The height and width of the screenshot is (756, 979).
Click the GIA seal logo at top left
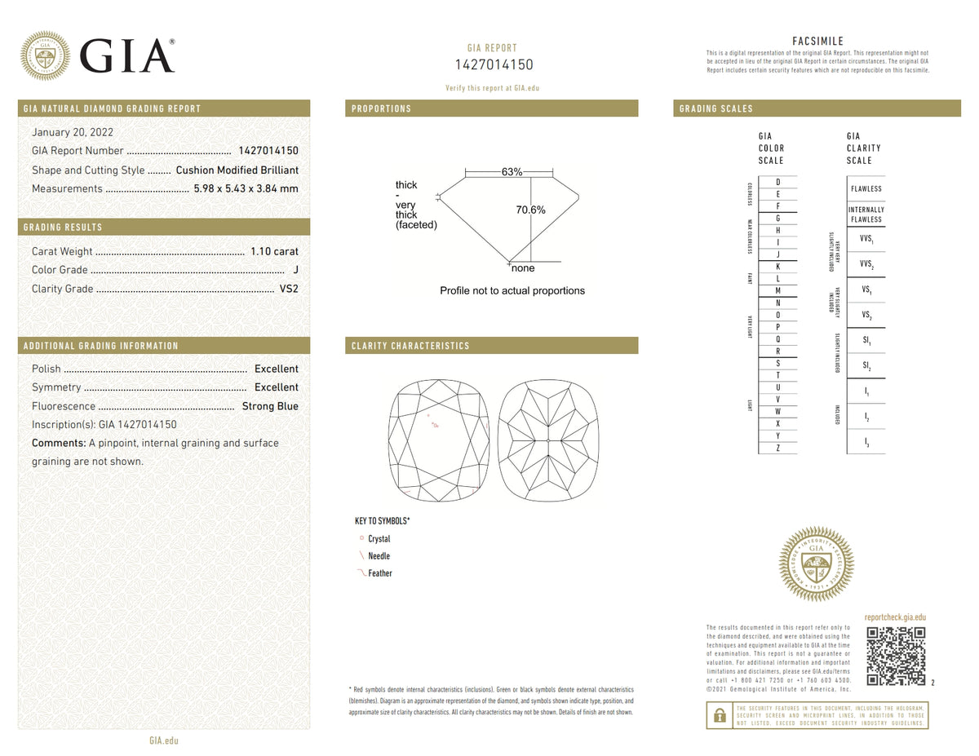[44, 55]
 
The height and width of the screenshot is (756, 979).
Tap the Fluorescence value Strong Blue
[270, 406]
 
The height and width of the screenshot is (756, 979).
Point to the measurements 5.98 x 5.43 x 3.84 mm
[246, 189]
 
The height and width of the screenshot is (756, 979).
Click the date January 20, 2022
[73, 132]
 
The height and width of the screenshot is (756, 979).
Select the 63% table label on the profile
[512, 172]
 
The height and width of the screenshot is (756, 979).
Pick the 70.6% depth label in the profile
[530, 210]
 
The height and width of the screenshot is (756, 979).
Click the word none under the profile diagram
[523, 268]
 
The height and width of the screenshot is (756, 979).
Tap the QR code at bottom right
[895, 656]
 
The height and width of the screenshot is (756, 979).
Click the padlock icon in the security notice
[719, 715]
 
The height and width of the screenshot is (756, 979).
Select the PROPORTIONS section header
[381, 108]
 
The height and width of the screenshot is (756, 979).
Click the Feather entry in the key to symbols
[379, 573]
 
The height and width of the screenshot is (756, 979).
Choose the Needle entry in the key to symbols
[379, 556]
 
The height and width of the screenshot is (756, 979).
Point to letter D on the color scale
[778, 182]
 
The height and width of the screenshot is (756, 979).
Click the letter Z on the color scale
[778, 448]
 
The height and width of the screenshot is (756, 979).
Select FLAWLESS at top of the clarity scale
[866, 189]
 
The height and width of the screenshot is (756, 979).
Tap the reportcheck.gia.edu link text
[894, 618]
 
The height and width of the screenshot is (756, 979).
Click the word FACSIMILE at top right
[817, 42]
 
